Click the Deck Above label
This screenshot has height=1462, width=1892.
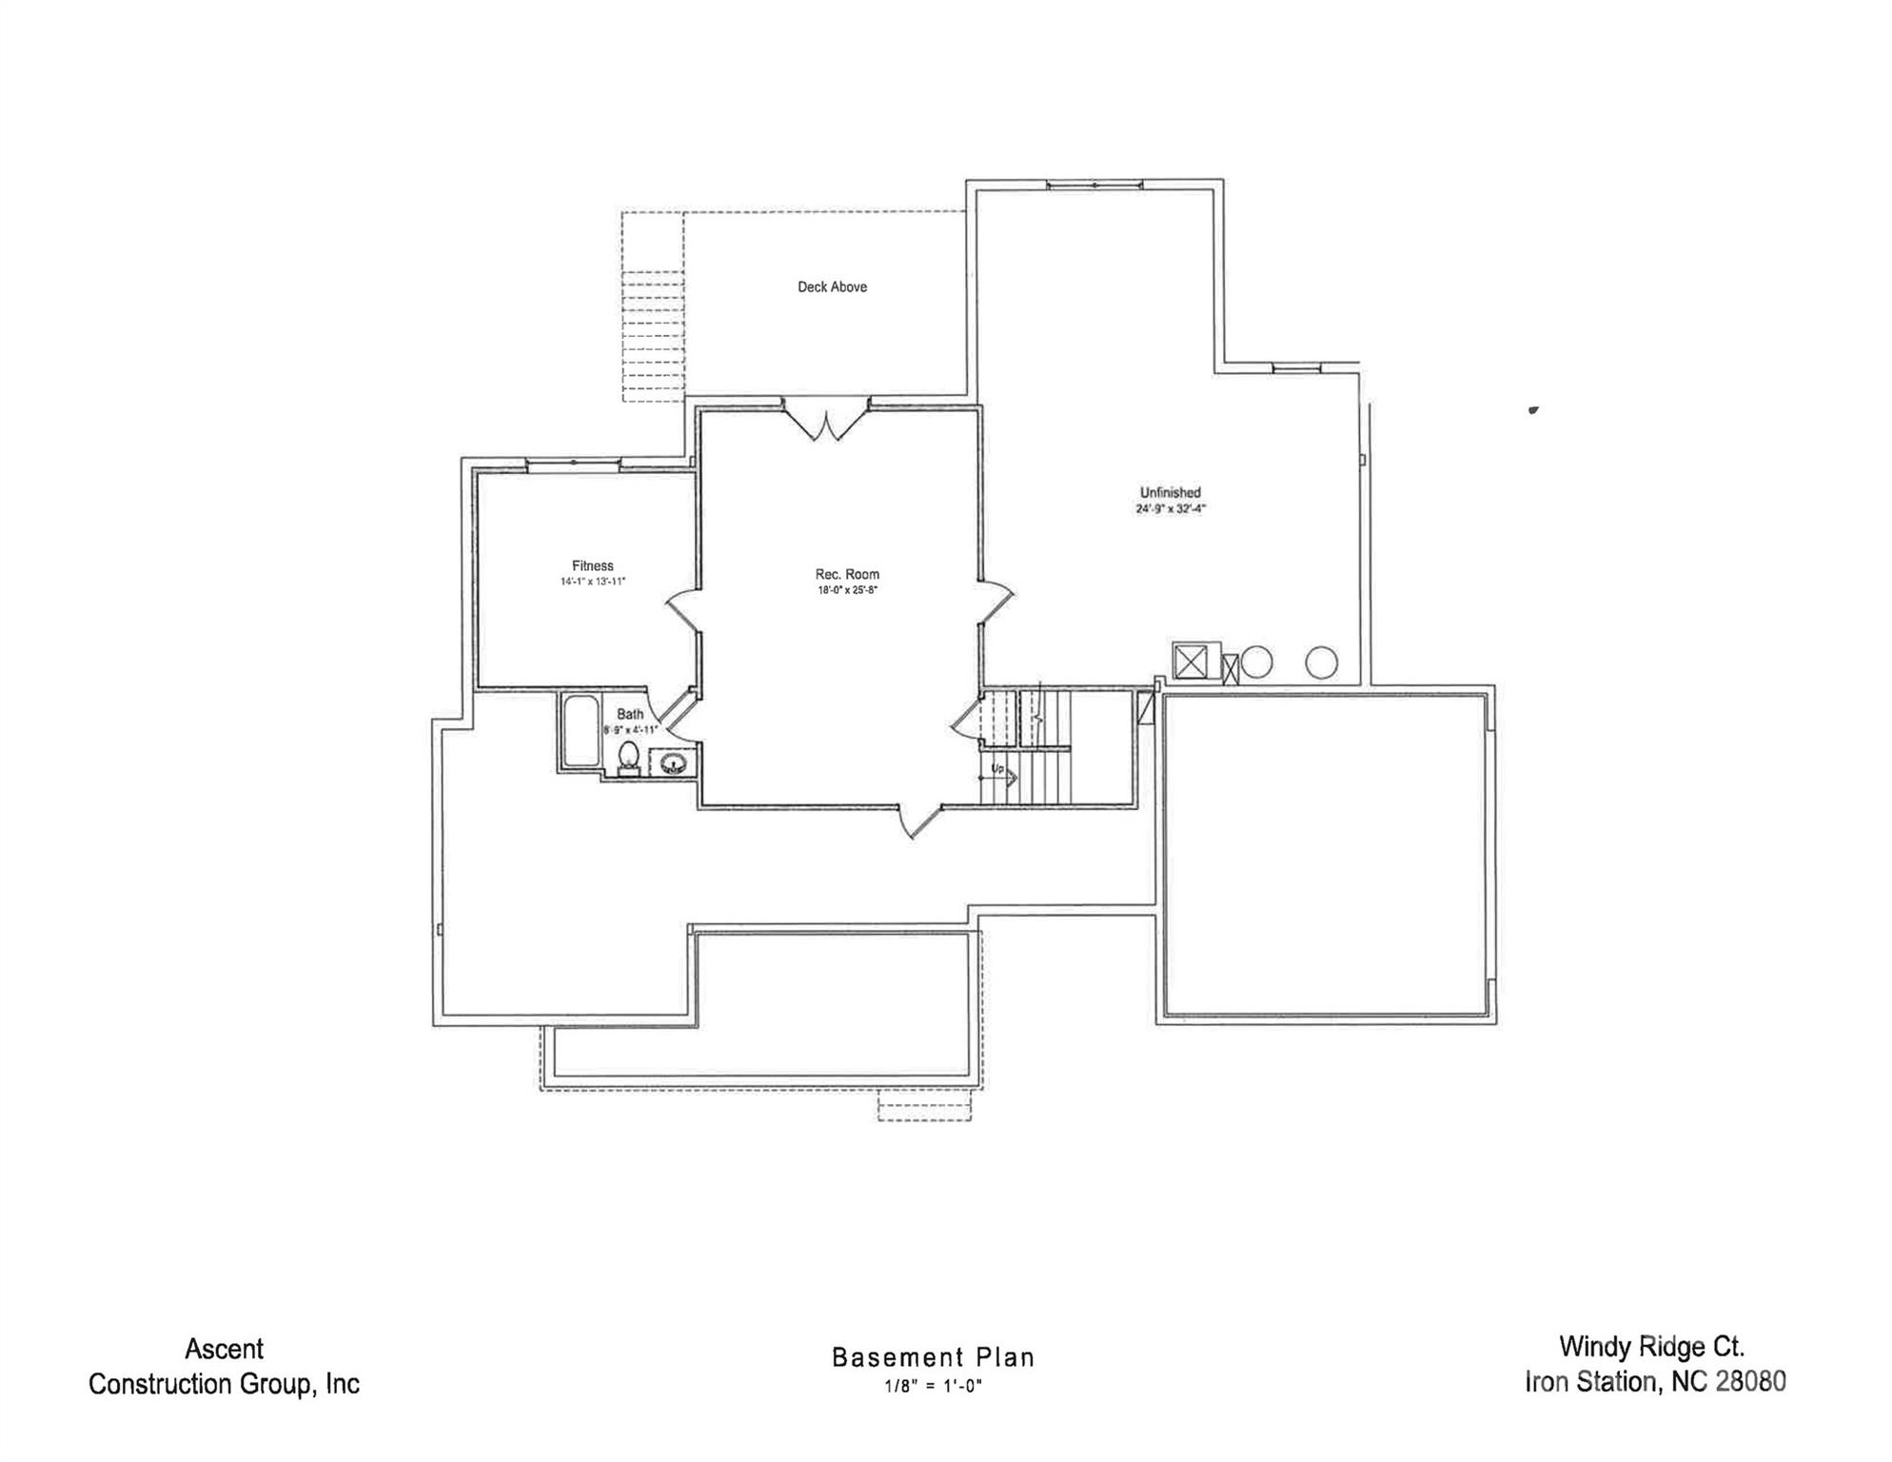pyautogui.click(x=832, y=286)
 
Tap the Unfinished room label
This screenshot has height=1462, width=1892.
pyautogui.click(x=1170, y=492)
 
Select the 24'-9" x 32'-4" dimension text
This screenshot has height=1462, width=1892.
pyautogui.click(x=1170, y=508)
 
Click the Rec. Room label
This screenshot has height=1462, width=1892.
pyautogui.click(x=847, y=574)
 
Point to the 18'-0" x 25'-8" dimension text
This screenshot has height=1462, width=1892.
pyautogui.click(x=847, y=590)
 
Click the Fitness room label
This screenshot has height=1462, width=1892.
pyautogui.click(x=592, y=565)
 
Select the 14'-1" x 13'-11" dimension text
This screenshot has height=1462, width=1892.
pyautogui.click(x=592, y=582)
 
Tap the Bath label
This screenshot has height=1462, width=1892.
pyautogui.click(x=630, y=714)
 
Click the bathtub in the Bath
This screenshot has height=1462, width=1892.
pyautogui.click(x=580, y=731)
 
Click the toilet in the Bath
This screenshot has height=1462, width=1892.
pyautogui.click(x=628, y=758)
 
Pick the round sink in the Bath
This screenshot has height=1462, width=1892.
pyautogui.click(x=673, y=762)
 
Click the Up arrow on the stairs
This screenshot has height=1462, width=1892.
pyautogui.click(x=1000, y=774)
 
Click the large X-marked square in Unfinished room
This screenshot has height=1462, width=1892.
pyautogui.click(x=1191, y=662)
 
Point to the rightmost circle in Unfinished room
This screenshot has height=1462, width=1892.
pyautogui.click(x=1321, y=662)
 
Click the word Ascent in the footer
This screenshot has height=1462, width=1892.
pyautogui.click(x=225, y=1349)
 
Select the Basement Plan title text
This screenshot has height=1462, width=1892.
pyautogui.click(x=933, y=1357)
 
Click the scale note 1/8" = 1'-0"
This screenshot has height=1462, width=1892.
pyautogui.click(x=933, y=1386)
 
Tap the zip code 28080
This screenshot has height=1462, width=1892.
pyautogui.click(x=1750, y=1382)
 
